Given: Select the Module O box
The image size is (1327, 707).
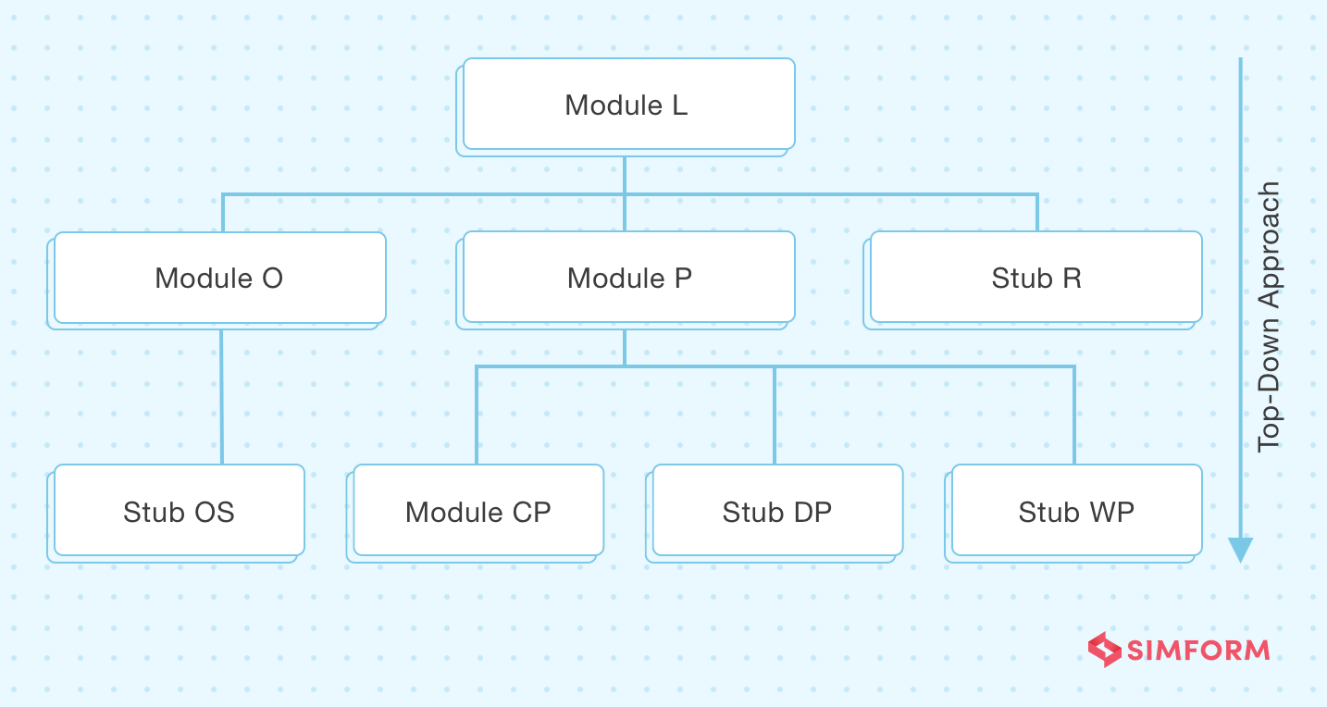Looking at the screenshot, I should pos(219,278).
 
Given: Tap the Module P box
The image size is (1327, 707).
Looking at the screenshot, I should pos(628,278).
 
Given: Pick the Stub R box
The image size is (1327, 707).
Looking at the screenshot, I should pos(1036,278).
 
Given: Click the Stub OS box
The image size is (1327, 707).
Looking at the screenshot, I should pos(179,511).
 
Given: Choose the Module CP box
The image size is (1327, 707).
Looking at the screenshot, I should pos(477,511).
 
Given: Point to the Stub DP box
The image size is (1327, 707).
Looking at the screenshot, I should pos(776,511).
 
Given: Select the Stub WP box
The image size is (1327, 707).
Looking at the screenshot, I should pos(1076,511).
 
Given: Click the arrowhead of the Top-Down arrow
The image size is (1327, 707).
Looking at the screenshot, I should pos(1240,550).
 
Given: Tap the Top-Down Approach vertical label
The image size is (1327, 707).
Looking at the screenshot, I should pos(1269,316).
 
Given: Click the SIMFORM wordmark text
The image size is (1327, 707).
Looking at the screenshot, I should pos(1197,650).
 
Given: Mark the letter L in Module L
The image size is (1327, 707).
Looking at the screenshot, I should pos(679,105).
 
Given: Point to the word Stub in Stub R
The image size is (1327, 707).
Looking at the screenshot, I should pos(1022,278).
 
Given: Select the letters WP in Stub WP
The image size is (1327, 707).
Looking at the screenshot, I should pos(1115,512).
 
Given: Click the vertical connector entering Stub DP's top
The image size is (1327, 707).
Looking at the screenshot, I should pos(775,416).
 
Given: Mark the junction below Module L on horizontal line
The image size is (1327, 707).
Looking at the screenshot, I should pos(625,194).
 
